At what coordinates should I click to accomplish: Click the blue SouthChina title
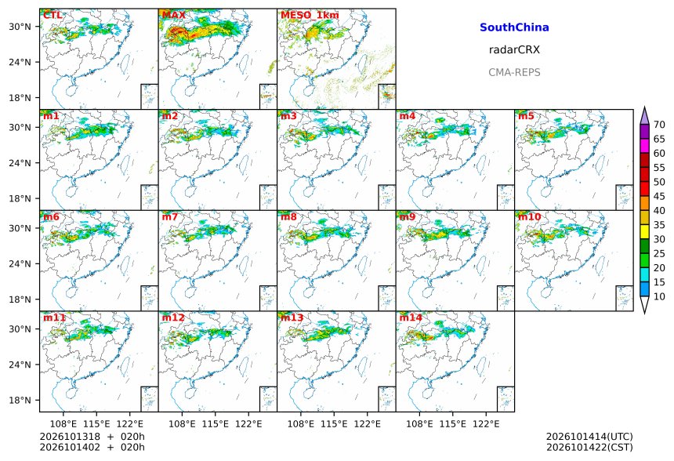point(514,27)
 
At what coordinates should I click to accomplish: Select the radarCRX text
point(514,49)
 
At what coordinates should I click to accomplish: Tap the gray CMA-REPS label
point(514,72)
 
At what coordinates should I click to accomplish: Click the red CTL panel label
point(53,15)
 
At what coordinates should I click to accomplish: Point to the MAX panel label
point(174,15)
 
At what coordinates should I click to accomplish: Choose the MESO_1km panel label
point(310,15)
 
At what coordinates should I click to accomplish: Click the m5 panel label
point(526,116)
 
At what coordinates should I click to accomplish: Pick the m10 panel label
point(529,216)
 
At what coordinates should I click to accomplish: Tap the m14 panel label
point(411,318)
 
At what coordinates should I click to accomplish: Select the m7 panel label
point(170,216)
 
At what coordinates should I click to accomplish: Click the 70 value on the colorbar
point(659,125)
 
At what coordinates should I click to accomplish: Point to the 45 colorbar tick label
point(659,197)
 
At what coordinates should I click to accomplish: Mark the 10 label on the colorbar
point(659,296)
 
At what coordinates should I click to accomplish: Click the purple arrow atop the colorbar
point(644,116)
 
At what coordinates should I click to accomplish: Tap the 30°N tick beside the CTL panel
point(20,27)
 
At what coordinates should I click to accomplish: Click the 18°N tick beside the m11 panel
point(20,401)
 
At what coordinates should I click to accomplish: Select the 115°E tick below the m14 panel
point(453,424)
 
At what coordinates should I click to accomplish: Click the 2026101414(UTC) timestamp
point(589,437)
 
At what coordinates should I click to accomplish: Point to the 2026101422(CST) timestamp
point(589,447)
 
